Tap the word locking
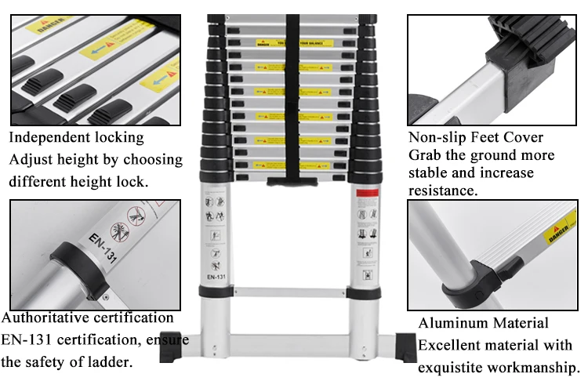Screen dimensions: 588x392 tap(119, 138)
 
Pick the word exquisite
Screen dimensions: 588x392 tap(454, 367)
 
